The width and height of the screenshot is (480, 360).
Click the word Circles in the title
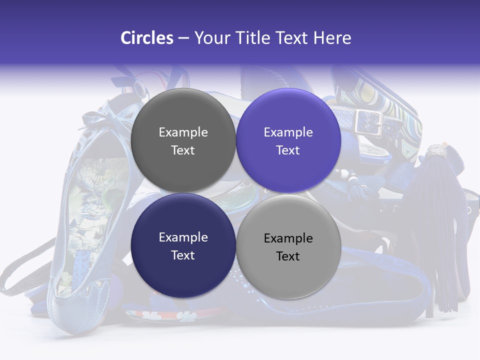[147, 38]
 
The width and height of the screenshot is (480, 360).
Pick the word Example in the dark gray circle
[183, 132]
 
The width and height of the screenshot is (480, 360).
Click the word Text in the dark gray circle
[183, 150]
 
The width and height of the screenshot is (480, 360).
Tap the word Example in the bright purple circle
[288, 132]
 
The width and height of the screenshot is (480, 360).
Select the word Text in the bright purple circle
[288, 150]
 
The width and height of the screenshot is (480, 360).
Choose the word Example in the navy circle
[183, 237]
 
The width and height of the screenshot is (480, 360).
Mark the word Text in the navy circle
[183, 255]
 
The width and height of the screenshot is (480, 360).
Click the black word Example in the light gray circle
[288, 238]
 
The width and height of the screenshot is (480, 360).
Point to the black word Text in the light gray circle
[288, 256]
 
